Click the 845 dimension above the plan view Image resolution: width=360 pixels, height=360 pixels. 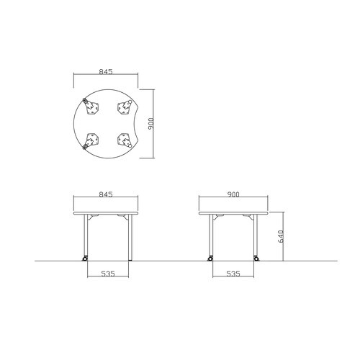point(106,71)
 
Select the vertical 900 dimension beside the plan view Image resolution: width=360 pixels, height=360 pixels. point(151,124)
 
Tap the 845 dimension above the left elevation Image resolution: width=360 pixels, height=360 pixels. point(106,194)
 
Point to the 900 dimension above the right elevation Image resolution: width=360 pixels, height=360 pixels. point(233,194)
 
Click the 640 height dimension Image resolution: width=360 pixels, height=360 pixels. point(281,236)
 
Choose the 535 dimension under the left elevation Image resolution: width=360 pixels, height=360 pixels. point(108,274)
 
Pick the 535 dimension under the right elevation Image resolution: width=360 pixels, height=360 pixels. point(233,274)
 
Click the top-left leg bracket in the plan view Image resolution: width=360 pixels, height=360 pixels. point(93,109)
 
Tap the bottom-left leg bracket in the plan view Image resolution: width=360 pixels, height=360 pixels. point(93,139)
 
